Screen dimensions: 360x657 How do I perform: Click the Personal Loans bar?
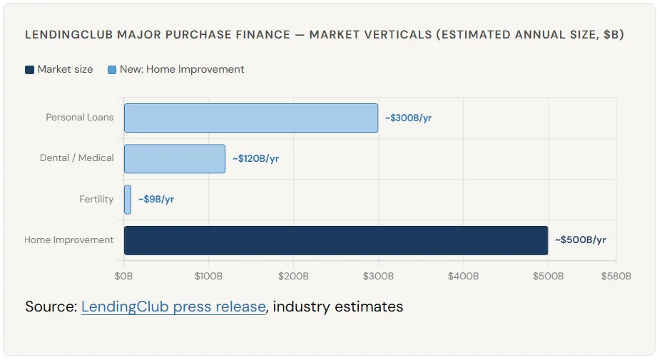[x=251, y=118]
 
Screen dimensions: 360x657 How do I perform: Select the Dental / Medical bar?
[x=175, y=158]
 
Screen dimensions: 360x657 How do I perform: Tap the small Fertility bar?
[x=128, y=200]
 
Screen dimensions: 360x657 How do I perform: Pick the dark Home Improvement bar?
[x=335, y=240]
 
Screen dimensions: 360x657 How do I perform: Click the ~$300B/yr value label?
[x=408, y=118]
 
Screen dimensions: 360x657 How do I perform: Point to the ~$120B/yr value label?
[x=255, y=158]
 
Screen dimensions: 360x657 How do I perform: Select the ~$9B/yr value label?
[x=156, y=200]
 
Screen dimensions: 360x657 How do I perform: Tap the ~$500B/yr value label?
[x=580, y=240]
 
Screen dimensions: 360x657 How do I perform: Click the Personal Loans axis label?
[x=79, y=117]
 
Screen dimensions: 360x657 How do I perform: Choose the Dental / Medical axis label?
[x=76, y=158]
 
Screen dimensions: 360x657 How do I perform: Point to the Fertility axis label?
[x=96, y=199]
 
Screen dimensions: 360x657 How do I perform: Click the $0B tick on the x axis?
[x=124, y=276]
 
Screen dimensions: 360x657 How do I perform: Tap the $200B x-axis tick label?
[x=293, y=276]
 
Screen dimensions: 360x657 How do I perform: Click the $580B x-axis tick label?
[x=616, y=276]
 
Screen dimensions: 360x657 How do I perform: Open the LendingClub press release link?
[x=173, y=307]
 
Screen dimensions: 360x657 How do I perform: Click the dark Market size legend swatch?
[x=29, y=70]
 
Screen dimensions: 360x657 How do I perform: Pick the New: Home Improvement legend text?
[x=182, y=69]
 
